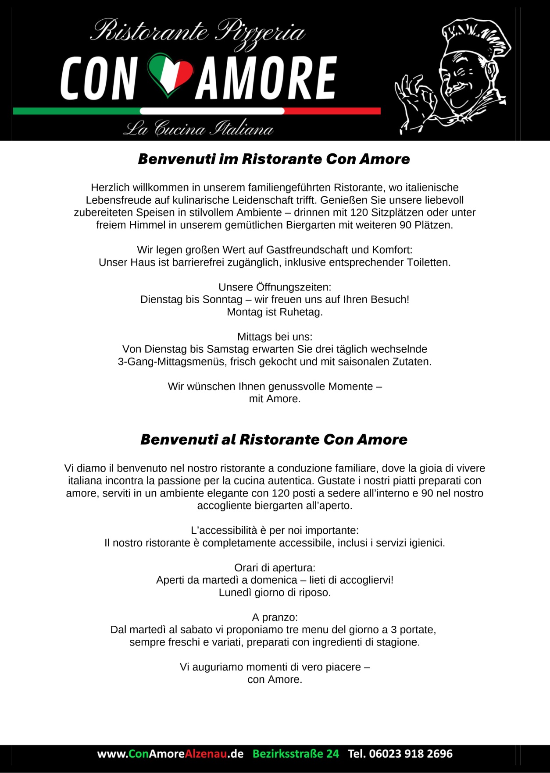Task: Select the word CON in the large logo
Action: click(x=98, y=78)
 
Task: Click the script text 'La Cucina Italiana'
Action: click(x=198, y=128)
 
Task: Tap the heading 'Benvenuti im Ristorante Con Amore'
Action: click(x=274, y=159)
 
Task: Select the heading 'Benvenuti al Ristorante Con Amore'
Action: click(x=274, y=440)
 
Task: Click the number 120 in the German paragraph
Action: click(x=359, y=213)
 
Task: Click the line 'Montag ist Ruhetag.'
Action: click(x=275, y=312)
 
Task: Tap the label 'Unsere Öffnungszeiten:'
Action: click(x=275, y=287)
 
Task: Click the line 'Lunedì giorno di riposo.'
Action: click(x=275, y=592)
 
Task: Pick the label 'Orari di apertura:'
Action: click(x=275, y=567)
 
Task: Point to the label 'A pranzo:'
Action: click(x=275, y=617)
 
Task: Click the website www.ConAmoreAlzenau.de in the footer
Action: click(x=170, y=754)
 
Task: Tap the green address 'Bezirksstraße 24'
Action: click(x=296, y=754)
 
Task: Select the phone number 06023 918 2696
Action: click(x=411, y=754)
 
